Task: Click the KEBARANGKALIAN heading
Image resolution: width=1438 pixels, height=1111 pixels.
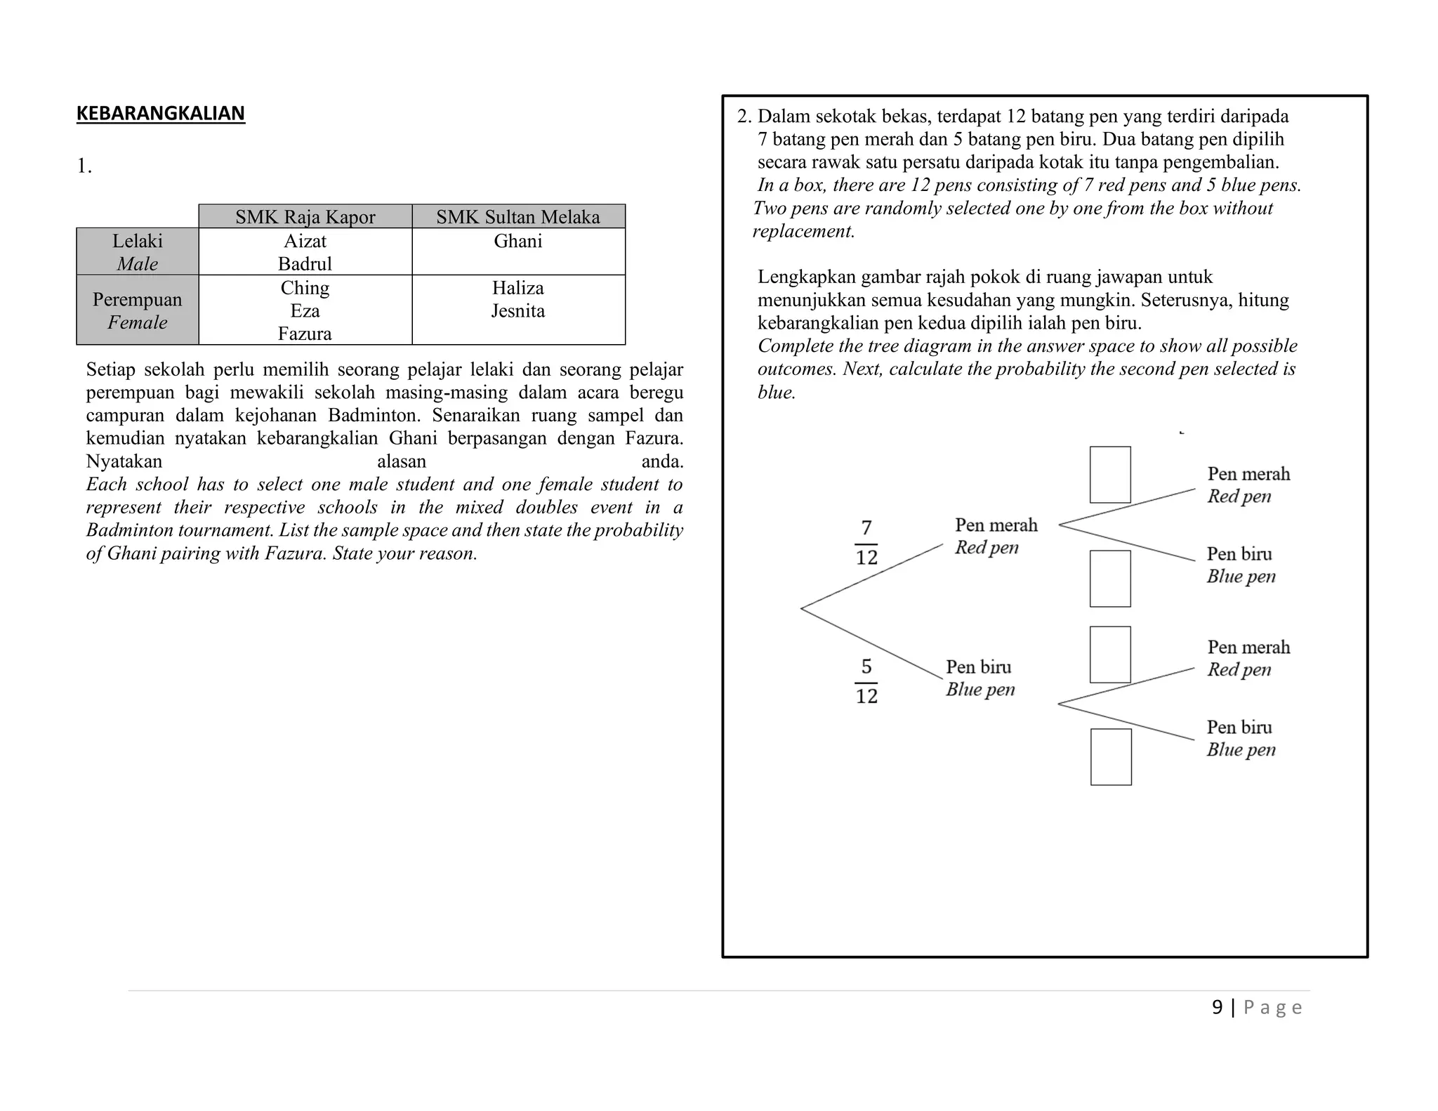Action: (160, 113)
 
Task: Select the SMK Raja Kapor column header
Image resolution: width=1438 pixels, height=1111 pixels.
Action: (305, 217)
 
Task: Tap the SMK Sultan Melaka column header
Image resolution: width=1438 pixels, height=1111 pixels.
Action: (517, 217)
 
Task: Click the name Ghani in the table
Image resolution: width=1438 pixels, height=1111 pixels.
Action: (517, 241)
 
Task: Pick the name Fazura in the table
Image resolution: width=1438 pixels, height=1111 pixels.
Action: (305, 334)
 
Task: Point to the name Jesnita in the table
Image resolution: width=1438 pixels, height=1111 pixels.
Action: (517, 310)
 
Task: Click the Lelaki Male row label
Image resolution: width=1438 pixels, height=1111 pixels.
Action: (137, 251)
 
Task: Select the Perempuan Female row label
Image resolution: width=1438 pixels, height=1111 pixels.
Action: (137, 310)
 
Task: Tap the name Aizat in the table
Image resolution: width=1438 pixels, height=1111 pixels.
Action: (305, 241)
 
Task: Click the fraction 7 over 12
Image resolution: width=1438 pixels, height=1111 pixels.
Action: (866, 542)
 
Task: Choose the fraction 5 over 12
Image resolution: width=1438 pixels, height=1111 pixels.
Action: (866, 681)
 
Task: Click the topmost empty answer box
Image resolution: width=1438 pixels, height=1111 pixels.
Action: (1110, 475)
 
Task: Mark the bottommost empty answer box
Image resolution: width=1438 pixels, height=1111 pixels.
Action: (1111, 757)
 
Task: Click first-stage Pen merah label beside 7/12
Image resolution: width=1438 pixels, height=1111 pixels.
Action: (996, 535)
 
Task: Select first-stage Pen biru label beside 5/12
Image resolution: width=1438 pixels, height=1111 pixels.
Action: (979, 677)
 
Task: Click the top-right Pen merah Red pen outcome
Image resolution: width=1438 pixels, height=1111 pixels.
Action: (1248, 485)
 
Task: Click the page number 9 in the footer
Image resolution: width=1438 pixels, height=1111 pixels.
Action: (1217, 1007)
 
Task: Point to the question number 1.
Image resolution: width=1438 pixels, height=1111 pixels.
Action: (84, 166)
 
